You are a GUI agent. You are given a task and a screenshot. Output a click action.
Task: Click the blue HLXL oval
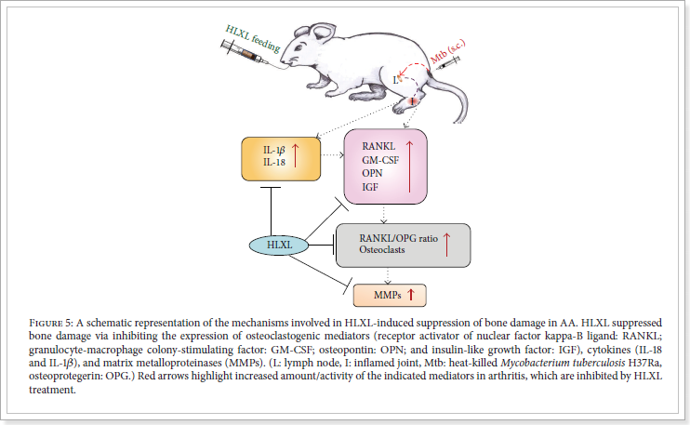(275, 245)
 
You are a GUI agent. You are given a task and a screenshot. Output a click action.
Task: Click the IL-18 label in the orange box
(261, 161)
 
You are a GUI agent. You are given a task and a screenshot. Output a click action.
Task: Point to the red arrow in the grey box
(447, 244)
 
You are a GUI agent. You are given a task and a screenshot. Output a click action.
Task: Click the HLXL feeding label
(254, 33)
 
